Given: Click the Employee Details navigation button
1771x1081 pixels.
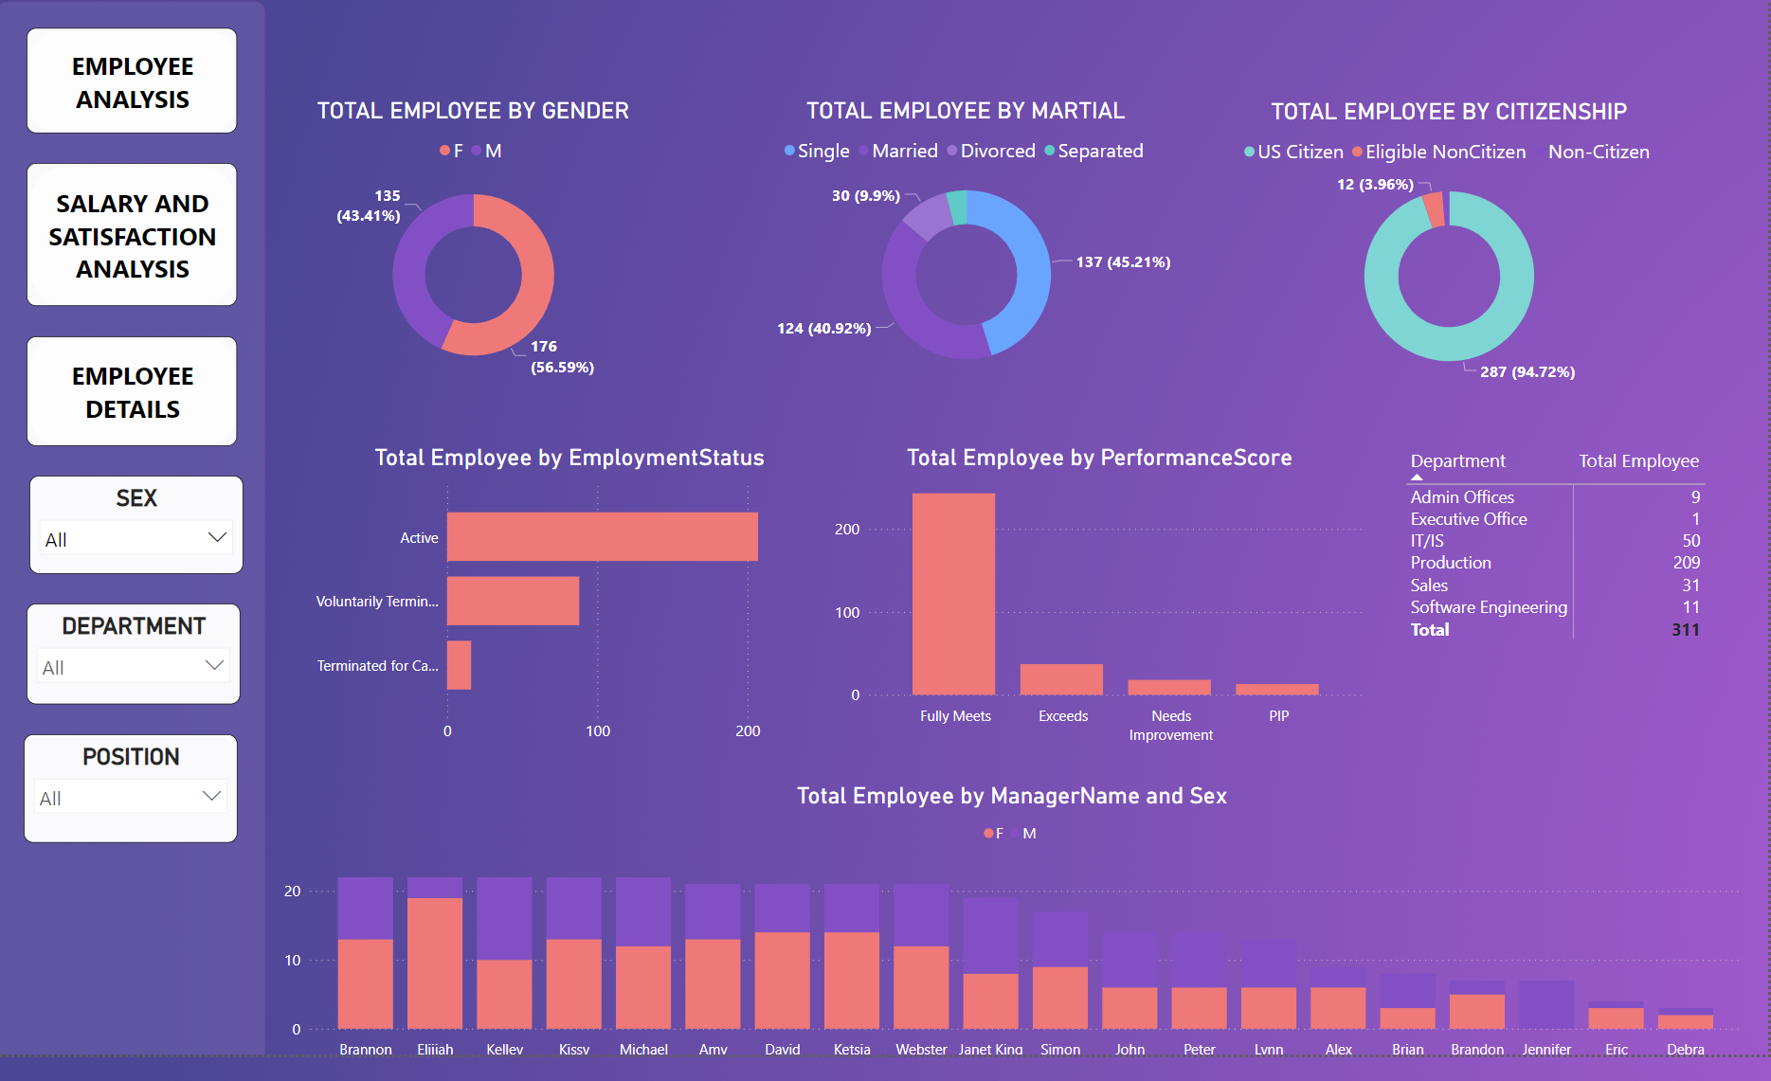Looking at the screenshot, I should click(x=132, y=391).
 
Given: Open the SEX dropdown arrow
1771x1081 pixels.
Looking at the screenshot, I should click(x=217, y=537).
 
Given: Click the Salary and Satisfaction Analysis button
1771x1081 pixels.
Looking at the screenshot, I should click(x=132, y=235).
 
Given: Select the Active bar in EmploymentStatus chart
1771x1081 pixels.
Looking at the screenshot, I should click(x=602, y=536).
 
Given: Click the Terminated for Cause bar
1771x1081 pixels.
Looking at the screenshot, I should click(x=459, y=664).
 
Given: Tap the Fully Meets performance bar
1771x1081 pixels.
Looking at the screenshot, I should click(x=953, y=593).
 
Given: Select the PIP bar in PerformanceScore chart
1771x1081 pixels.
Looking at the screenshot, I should click(x=1276, y=689).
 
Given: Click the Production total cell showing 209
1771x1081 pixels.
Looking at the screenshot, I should click(x=1686, y=563).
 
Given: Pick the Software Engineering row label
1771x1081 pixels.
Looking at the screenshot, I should click(x=1488, y=607).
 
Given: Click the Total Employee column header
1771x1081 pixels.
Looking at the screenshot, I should click(x=1638, y=461).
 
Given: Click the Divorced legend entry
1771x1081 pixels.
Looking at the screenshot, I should click(x=997, y=152).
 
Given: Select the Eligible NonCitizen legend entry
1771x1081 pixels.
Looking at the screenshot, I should click(x=1444, y=153).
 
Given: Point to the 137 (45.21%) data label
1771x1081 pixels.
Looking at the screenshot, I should click(x=1123, y=262).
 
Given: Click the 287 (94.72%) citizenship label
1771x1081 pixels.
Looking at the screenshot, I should click(x=1527, y=372).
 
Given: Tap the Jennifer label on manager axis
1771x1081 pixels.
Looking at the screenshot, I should click(x=1545, y=1049).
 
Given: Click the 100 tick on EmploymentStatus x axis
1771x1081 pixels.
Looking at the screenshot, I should click(x=598, y=730).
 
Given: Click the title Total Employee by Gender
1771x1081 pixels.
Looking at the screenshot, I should click(x=473, y=111).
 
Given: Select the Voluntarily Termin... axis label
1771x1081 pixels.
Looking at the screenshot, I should click(x=377, y=602).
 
